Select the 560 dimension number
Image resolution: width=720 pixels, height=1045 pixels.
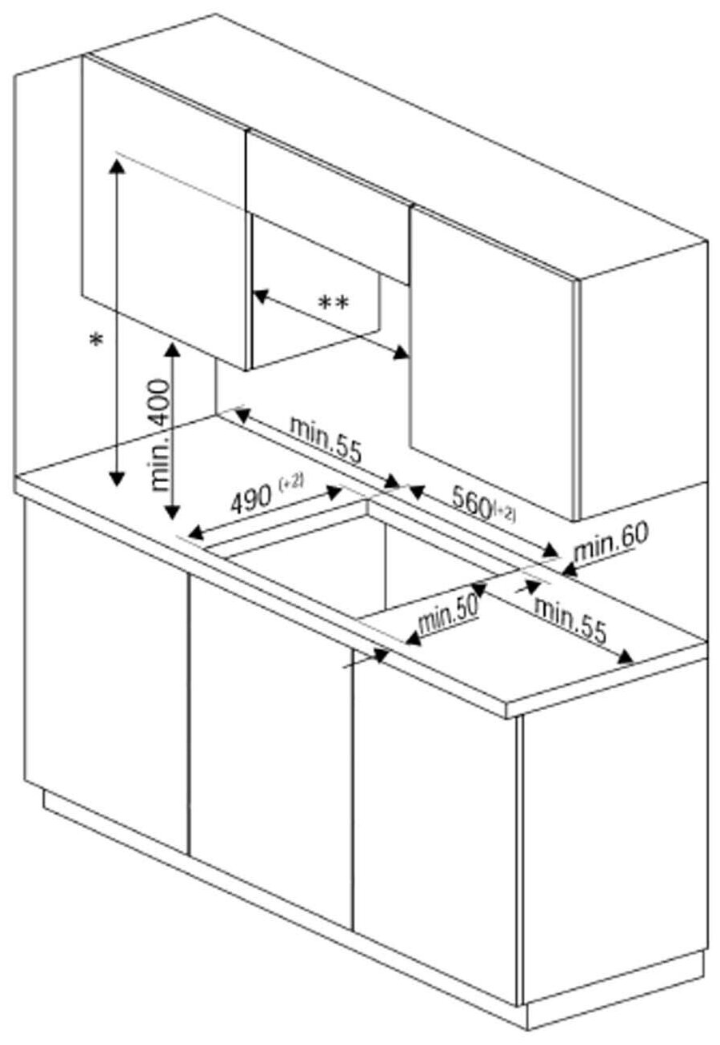coord(470,501)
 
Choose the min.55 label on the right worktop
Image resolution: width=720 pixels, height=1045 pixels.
coord(570,620)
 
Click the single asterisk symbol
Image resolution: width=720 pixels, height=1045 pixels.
coord(97,341)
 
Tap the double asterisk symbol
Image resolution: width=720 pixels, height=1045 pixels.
coord(334,304)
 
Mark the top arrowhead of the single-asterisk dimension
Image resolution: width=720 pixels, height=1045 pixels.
coord(118,164)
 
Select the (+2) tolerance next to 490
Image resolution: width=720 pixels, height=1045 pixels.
coord(291,483)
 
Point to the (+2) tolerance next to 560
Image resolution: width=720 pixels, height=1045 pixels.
coord(505,512)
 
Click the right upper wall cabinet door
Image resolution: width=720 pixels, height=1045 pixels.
coord(492,360)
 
